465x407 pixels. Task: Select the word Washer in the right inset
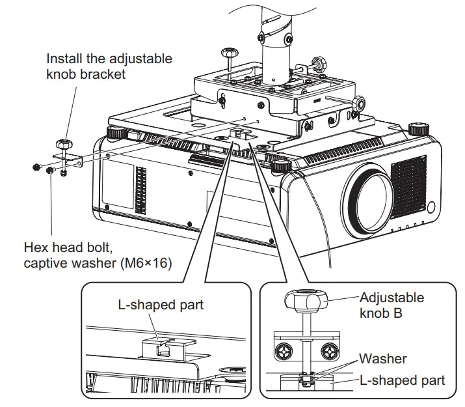click(x=383, y=359)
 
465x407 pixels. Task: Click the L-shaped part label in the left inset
click(x=161, y=305)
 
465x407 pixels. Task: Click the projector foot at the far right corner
click(x=417, y=129)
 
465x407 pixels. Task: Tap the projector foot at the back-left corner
click(x=116, y=132)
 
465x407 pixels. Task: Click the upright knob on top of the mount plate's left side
click(x=229, y=55)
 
